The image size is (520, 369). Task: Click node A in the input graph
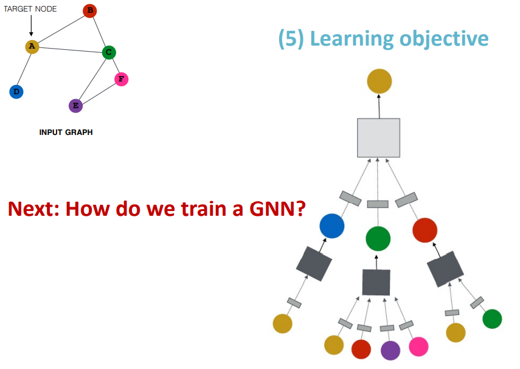point(32,46)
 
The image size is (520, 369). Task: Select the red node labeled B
point(90,10)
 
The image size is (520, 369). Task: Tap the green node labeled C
point(109,52)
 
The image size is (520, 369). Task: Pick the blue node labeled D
point(16,92)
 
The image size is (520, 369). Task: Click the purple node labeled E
point(75,106)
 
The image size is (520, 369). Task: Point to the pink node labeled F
point(122,79)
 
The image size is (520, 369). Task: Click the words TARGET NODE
point(30,9)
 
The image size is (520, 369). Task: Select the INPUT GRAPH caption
point(66,133)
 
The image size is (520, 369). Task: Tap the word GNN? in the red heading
point(277,209)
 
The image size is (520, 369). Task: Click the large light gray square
point(378,137)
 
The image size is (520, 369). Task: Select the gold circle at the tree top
point(380,81)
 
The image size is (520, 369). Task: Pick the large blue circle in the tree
point(332,226)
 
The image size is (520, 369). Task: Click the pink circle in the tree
point(418,347)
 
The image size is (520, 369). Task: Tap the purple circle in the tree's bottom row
point(390,350)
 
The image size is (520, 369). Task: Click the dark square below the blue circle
point(314,264)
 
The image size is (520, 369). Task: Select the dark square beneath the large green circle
point(376,282)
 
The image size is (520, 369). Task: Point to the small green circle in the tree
point(492,319)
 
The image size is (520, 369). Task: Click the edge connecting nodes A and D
point(24,69)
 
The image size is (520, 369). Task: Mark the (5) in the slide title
point(291,39)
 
